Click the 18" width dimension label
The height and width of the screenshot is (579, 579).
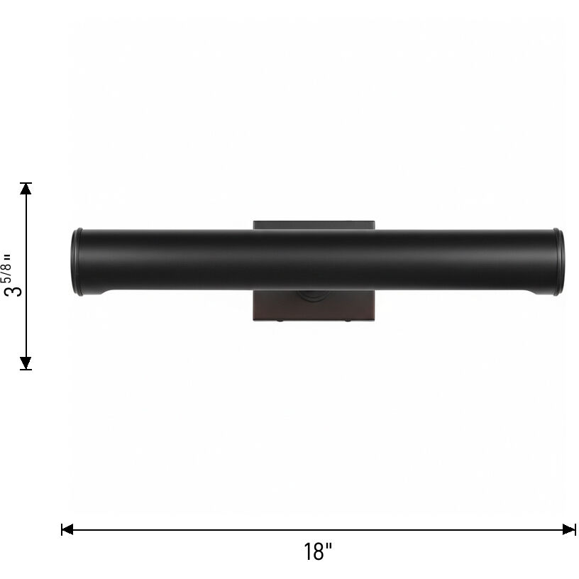click(x=318, y=551)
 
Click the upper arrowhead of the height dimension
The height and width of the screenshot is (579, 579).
click(x=26, y=189)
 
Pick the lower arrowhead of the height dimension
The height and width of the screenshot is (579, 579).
click(x=26, y=363)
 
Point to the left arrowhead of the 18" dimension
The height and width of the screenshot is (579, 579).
click(x=67, y=529)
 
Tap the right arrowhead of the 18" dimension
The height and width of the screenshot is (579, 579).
click(x=569, y=529)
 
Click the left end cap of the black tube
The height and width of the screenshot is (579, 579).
click(x=77, y=262)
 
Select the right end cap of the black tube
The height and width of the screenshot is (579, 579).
click(x=558, y=262)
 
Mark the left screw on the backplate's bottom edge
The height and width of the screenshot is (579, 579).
click(x=280, y=320)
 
